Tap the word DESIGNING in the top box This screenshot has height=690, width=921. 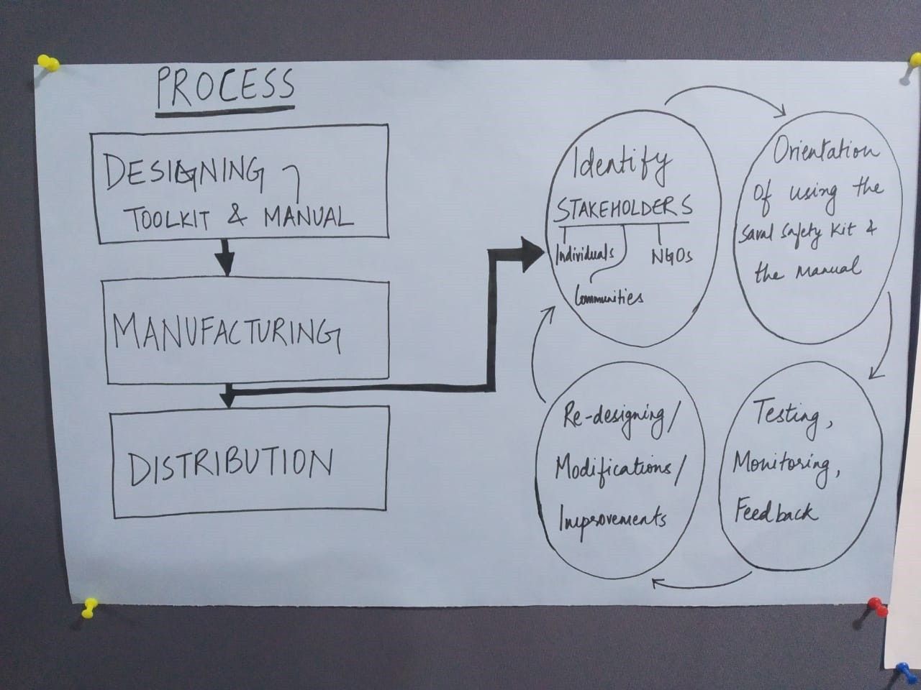point(183,172)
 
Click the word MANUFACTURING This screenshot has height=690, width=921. point(225,333)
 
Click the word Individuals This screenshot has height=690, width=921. point(585,253)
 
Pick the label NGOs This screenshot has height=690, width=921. point(671,255)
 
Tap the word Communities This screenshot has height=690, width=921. point(609,296)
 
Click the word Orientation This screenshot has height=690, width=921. point(825,152)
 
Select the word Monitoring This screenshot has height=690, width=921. point(782,464)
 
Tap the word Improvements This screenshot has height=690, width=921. point(612,518)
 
